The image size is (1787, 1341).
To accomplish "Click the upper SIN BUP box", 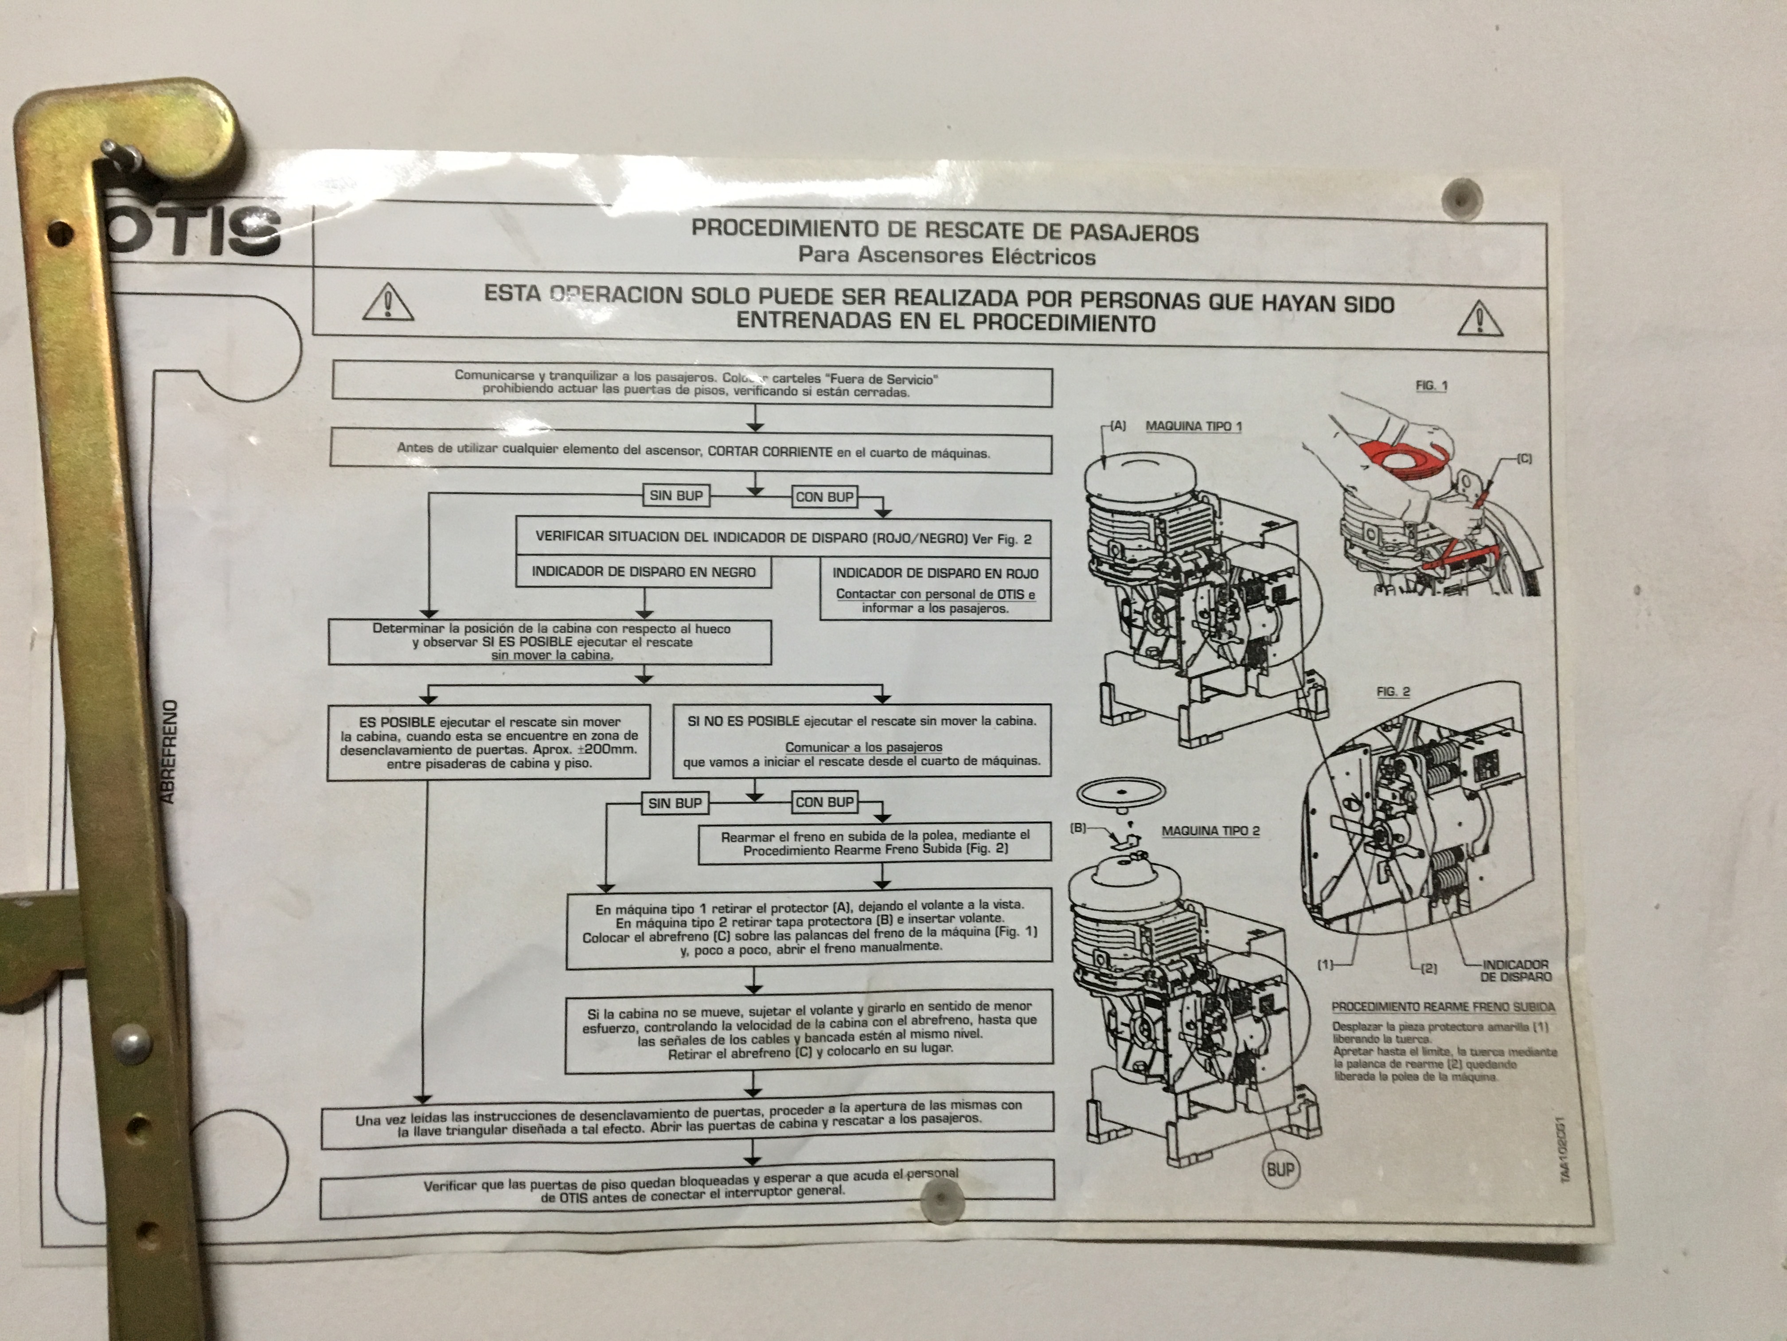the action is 676,495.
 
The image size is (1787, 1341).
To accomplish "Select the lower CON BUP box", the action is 824,802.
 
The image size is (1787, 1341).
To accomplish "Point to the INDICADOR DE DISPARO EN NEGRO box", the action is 643,572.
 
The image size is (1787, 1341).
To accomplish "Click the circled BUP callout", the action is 1280,1170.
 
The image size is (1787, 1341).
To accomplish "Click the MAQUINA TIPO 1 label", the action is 1193,426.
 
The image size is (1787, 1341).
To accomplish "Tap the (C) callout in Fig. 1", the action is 1524,459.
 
